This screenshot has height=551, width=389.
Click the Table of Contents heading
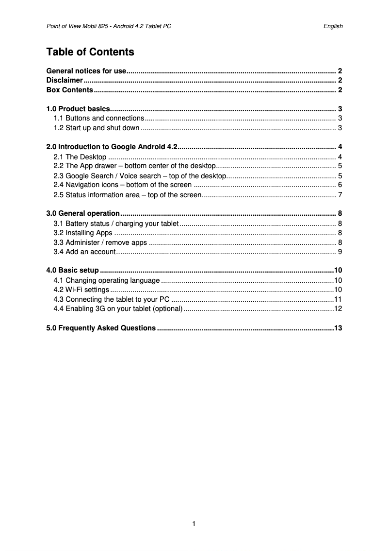[x=90, y=52]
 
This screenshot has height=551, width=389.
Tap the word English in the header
[x=333, y=26]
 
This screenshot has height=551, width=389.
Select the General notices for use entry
[x=86, y=71]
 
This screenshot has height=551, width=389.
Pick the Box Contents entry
[x=69, y=90]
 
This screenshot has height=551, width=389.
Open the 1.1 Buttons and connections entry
[x=98, y=118]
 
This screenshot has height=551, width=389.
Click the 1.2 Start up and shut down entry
[x=97, y=128]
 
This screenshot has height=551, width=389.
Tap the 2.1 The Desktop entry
[x=80, y=156]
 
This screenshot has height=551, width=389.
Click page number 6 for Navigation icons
[x=340, y=185]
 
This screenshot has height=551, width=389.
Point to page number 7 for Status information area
[x=340, y=195]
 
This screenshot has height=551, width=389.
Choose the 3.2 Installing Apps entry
[x=82, y=233]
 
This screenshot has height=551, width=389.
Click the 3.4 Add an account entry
[x=84, y=252]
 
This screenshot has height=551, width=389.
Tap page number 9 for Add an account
[x=340, y=252]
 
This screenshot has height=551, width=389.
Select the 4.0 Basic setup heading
[x=72, y=270]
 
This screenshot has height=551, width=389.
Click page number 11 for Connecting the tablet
[x=338, y=299]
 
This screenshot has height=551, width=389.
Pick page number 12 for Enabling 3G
[x=338, y=309]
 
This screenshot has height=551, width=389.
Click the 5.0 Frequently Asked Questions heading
[x=100, y=328]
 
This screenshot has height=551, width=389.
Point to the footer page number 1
[x=194, y=524]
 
